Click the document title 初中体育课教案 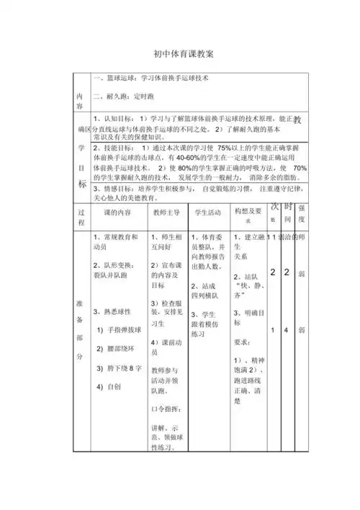179,54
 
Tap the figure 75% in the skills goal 228,146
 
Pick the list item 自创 113,386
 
